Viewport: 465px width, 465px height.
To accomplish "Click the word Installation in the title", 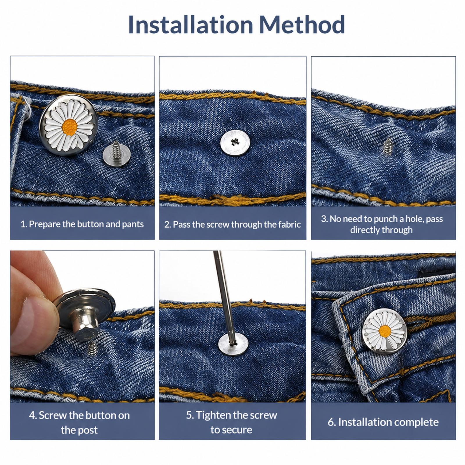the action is click(x=191, y=25).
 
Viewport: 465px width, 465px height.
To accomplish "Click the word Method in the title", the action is click(x=302, y=25).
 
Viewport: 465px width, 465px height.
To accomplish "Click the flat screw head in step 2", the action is click(x=235, y=142).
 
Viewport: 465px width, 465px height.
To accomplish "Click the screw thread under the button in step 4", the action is click(x=92, y=348).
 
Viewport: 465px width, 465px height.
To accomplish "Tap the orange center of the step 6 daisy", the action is click(x=385, y=330).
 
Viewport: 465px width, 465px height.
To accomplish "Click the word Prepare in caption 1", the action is click(x=44, y=224).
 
